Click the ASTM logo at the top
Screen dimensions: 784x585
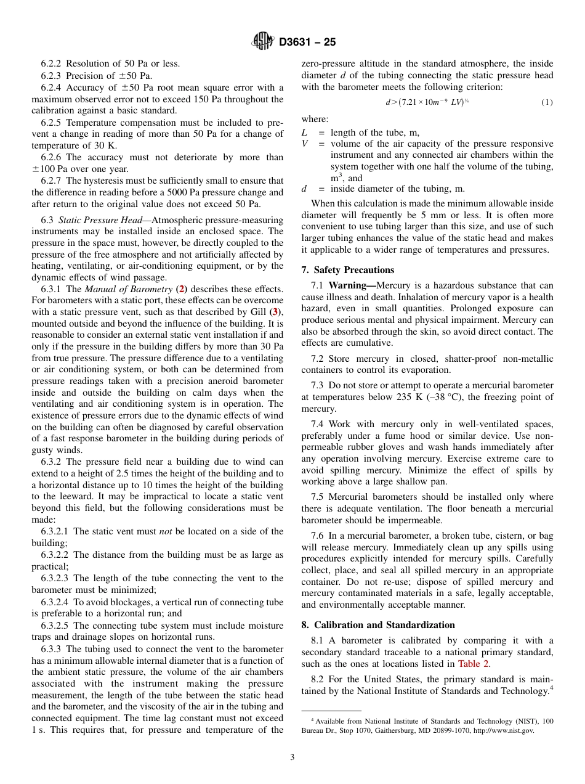coord(264,42)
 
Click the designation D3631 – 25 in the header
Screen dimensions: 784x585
coord(307,43)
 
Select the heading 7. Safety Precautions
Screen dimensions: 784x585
coord(347,270)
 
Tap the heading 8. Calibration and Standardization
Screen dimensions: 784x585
coord(377,625)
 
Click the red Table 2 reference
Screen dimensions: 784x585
coord(474,664)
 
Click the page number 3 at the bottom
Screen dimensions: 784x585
coord(292,757)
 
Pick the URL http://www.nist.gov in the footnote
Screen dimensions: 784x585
coord(504,731)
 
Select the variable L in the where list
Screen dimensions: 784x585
coord(304,133)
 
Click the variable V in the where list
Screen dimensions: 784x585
coord(304,144)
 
